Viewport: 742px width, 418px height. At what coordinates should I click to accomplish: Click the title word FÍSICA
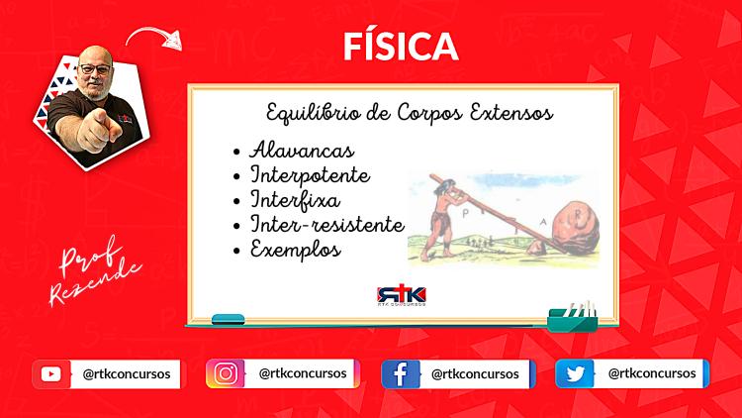(x=401, y=46)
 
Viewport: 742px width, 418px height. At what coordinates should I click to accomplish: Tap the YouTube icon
(x=51, y=374)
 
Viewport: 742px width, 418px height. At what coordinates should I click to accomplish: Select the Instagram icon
(x=226, y=374)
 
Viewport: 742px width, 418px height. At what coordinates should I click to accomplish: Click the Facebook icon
(x=401, y=374)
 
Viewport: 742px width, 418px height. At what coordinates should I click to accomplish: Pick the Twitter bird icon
(x=575, y=374)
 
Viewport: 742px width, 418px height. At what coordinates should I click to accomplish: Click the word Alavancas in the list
(x=302, y=151)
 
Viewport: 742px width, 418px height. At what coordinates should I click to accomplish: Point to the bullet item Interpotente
(x=310, y=175)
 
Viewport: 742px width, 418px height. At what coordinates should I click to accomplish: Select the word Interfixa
(x=295, y=199)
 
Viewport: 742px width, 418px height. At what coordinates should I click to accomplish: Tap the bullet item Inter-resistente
(x=327, y=224)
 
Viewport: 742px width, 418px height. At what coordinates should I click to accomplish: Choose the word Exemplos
(x=295, y=250)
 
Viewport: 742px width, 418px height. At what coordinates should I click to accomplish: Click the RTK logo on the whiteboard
(x=402, y=295)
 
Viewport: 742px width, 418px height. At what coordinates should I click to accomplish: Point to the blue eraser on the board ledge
(x=229, y=319)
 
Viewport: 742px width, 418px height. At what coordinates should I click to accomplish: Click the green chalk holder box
(x=572, y=320)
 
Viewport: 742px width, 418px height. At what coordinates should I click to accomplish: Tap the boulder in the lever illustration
(x=573, y=228)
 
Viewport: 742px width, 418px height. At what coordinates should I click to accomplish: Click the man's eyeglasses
(x=95, y=69)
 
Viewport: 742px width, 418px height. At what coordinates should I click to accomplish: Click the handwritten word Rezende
(x=95, y=282)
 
